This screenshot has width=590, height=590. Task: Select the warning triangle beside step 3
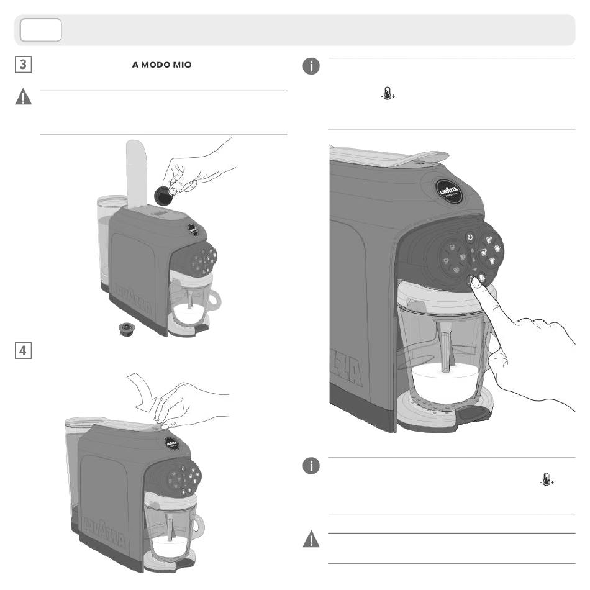[23, 98]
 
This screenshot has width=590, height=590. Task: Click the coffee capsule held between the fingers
[163, 196]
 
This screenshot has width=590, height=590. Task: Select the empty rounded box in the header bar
[40, 30]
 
